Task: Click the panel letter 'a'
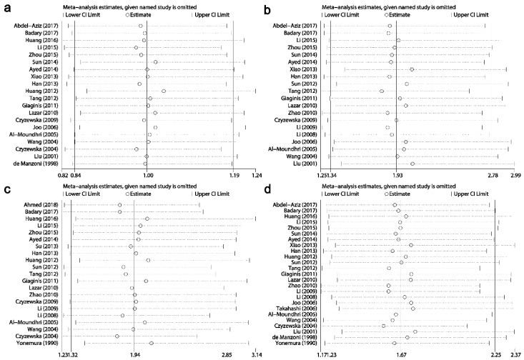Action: (6, 6)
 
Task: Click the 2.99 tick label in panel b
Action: (515, 174)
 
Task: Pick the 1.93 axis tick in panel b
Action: (398, 174)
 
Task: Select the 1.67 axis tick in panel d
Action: (402, 355)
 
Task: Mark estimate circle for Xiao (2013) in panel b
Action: (412, 69)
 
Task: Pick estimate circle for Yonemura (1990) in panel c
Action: (152, 343)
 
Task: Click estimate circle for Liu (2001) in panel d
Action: (415, 331)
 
